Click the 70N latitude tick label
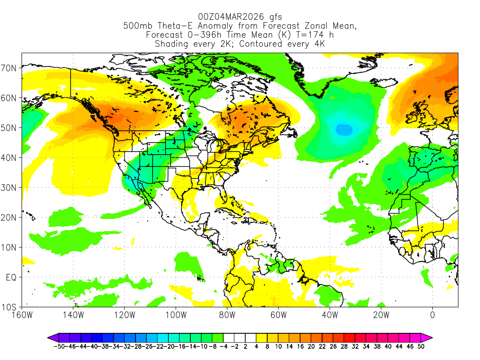tap(10, 68)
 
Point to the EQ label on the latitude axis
tap(11, 277)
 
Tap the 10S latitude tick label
tap(10, 307)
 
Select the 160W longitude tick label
tap(22, 315)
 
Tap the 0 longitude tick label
tap(432, 315)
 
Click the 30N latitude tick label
tap(10, 187)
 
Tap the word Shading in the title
tap(172, 44)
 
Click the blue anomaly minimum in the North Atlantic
tap(344, 130)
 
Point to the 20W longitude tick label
tap(381, 315)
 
